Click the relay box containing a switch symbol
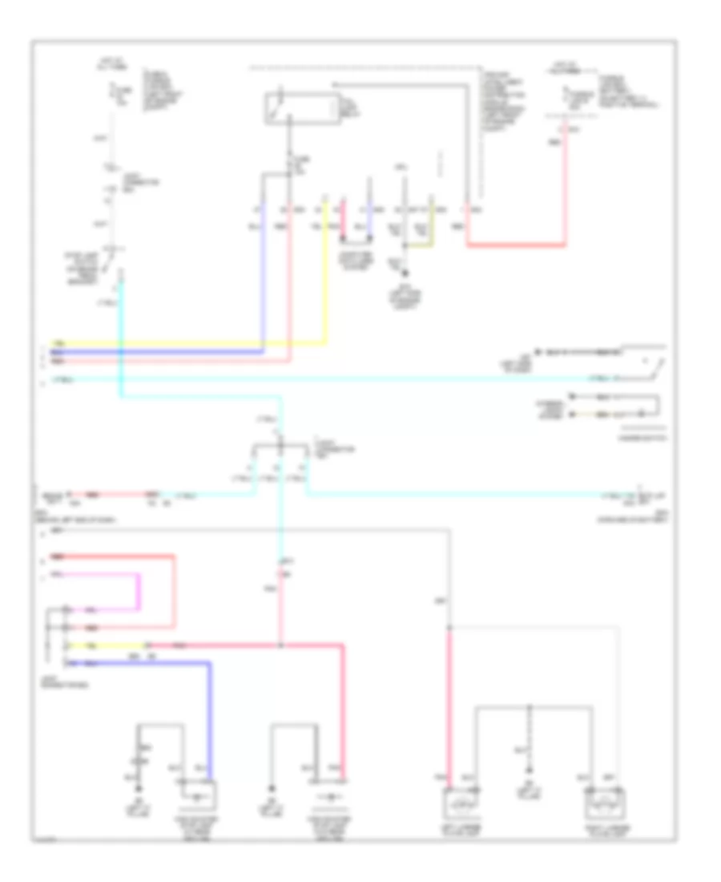coord(300,110)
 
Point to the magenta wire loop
coord(139,592)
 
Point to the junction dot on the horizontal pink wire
coord(280,645)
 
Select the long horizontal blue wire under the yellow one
coord(160,351)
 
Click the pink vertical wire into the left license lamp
coord(450,706)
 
